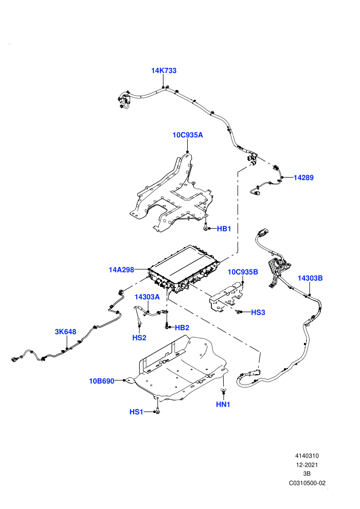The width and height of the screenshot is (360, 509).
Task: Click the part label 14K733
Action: point(164,70)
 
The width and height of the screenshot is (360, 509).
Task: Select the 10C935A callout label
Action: point(188,135)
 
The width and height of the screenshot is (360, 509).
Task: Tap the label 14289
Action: point(303,177)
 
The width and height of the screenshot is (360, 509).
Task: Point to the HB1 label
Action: point(224,229)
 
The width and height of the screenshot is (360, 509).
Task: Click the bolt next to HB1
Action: point(206,226)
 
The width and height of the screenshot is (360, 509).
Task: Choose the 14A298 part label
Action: point(121,270)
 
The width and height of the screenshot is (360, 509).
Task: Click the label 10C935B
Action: point(243,272)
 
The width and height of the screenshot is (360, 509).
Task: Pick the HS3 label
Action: point(258,312)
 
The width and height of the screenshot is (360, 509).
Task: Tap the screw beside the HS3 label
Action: point(239,312)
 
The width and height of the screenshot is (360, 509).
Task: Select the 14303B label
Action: point(310,278)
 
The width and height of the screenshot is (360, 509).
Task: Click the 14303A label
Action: point(148,297)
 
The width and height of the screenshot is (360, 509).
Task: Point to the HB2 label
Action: point(182,328)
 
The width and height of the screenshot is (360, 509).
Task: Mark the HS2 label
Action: point(139,338)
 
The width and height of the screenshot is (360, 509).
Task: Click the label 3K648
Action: point(66,332)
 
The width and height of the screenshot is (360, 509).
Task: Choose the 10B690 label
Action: point(102,381)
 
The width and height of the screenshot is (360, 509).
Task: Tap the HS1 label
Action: point(136,412)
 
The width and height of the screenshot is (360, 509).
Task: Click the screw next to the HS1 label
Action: point(157,410)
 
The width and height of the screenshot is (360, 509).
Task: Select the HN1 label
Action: point(223,405)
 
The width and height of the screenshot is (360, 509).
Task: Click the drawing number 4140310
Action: point(307,456)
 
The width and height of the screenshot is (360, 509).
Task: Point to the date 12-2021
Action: point(307,465)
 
